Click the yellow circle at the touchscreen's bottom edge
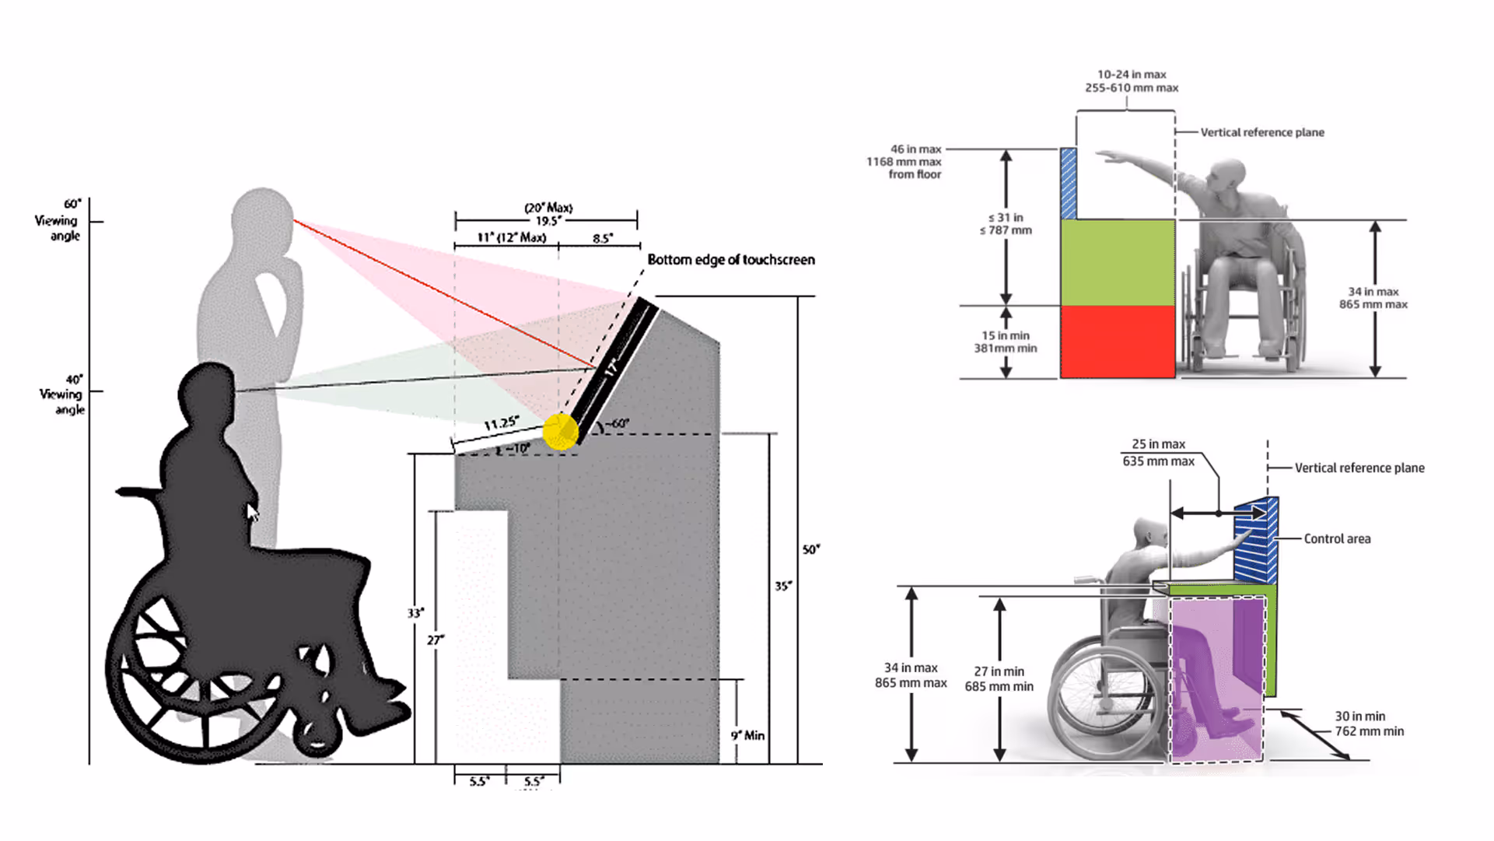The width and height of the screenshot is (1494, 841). click(560, 432)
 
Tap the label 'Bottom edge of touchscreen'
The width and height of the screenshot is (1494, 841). click(731, 260)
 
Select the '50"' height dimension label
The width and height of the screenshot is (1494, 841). click(810, 550)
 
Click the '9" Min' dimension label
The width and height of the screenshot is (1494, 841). click(747, 735)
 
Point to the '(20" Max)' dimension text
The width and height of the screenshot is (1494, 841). click(548, 208)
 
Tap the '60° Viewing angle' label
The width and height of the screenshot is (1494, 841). click(58, 219)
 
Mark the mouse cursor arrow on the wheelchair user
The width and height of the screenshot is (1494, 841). click(252, 513)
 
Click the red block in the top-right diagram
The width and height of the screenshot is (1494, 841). click(1118, 342)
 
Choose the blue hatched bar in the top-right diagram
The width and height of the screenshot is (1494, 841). click(1069, 184)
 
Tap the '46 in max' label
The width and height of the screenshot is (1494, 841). click(915, 149)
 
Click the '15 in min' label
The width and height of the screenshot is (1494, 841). click(1005, 335)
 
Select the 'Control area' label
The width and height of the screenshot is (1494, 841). click(1337, 538)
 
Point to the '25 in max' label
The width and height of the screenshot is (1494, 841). click(1158, 444)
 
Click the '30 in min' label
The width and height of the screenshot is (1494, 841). click(1359, 717)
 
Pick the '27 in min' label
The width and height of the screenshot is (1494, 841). click(999, 671)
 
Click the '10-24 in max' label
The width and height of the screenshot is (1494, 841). click(1132, 75)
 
